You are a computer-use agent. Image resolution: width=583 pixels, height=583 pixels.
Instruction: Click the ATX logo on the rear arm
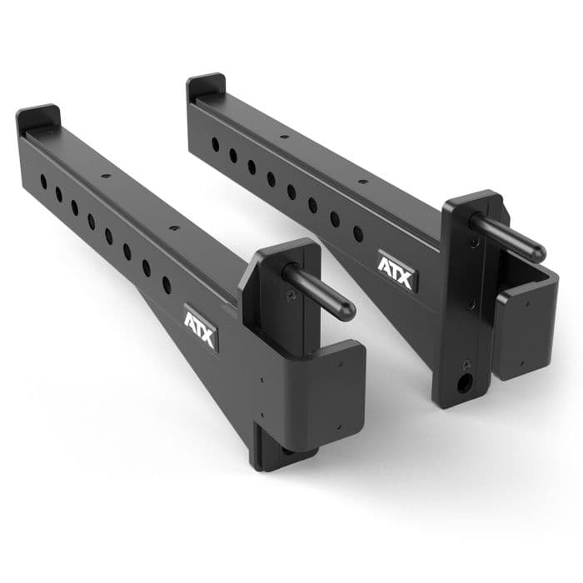[395, 272]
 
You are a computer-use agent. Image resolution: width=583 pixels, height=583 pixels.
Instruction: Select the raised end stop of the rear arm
[206, 85]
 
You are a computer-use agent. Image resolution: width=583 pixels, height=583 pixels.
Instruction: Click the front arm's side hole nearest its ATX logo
[166, 284]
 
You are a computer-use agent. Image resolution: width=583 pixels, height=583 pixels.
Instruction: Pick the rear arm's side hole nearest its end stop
[215, 144]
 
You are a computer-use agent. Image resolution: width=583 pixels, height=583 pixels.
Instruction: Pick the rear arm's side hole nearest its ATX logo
[357, 234]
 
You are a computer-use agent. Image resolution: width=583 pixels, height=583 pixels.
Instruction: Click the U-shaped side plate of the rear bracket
[525, 321]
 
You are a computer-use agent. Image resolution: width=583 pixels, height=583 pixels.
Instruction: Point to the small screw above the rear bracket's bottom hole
[466, 364]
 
